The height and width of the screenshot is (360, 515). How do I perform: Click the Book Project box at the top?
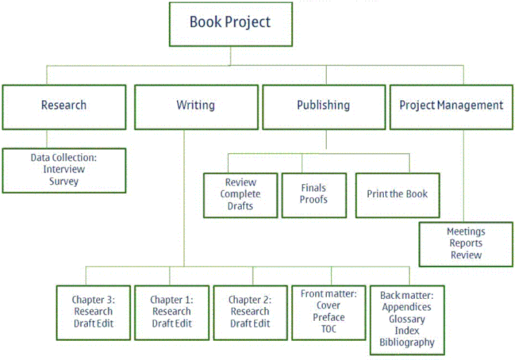(230, 23)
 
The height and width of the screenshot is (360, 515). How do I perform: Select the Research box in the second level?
(64, 106)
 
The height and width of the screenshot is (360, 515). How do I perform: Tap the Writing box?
(196, 106)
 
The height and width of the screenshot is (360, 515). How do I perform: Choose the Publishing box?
(323, 106)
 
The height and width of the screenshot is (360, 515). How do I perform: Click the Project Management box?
(451, 106)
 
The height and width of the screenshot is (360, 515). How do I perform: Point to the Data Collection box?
(64, 170)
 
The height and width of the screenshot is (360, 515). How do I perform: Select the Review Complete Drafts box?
(240, 194)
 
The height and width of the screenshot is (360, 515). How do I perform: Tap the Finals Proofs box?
(314, 194)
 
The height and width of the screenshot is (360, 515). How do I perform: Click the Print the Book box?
(398, 194)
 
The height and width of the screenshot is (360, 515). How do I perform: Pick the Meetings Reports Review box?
(466, 243)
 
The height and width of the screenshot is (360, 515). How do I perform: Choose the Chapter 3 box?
(93, 311)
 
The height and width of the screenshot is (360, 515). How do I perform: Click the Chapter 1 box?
(171, 311)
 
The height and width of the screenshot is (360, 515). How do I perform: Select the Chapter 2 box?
(249, 311)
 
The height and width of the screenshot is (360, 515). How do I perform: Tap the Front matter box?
(328, 311)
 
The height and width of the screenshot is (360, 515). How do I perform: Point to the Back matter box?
(407, 317)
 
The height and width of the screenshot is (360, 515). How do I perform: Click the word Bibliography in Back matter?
(407, 342)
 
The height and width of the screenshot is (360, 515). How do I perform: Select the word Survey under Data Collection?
(64, 181)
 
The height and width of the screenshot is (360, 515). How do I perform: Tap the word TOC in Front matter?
(328, 329)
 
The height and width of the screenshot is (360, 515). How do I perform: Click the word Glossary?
(407, 319)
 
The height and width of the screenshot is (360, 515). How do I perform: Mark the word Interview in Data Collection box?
(64, 170)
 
